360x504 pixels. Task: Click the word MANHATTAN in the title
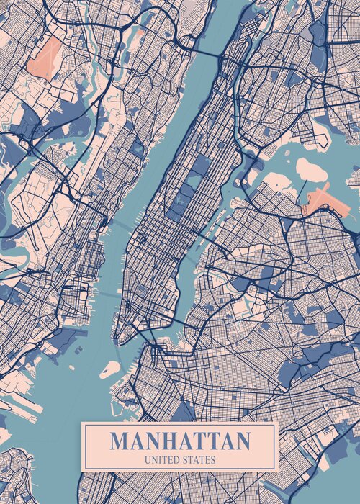click(180, 441)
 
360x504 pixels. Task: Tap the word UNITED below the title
click(163, 459)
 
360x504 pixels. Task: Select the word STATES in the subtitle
click(198, 459)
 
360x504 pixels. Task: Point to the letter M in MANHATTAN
click(120, 441)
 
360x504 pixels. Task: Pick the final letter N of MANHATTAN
click(243, 441)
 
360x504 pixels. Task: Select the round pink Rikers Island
click(311, 170)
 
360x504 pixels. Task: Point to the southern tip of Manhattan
click(123, 338)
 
